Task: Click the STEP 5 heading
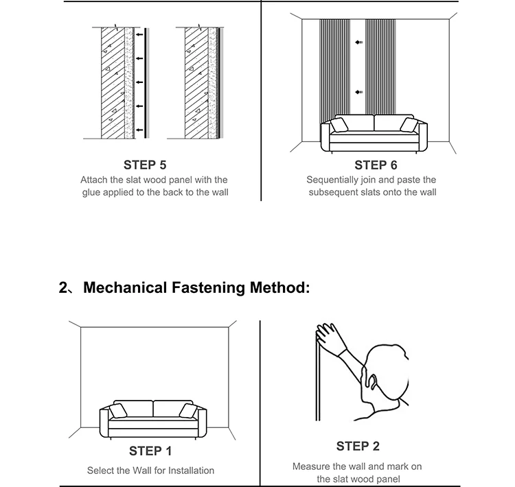coord(145,165)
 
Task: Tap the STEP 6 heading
coord(376,165)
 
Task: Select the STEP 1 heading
coord(150,451)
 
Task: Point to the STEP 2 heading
coord(357,447)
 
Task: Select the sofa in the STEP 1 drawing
coord(152,419)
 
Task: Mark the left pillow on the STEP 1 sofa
coord(118,410)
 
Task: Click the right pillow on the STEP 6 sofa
coord(409,124)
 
